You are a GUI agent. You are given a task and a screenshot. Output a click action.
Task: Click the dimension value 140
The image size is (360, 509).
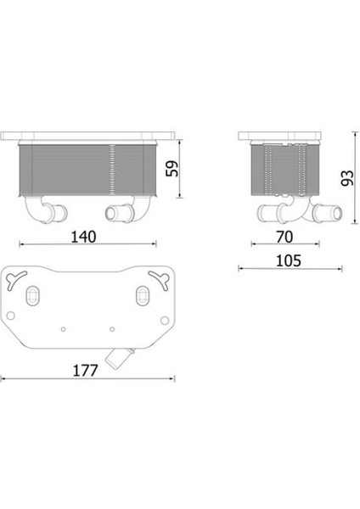point(83,237)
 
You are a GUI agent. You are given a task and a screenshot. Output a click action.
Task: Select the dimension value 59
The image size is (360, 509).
point(172,169)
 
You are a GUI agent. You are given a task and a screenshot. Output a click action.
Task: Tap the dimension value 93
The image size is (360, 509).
point(347,178)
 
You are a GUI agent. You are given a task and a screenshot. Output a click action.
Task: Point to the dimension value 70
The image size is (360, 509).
point(284,237)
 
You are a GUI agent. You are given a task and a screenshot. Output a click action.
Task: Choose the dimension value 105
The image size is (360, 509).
point(289,260)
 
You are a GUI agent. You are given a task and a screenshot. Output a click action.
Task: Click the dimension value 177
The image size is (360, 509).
point(85,371)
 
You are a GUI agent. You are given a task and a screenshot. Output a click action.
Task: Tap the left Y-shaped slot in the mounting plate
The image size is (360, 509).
point(15,279)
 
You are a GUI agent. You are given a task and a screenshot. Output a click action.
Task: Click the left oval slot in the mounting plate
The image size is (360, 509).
point(32,295)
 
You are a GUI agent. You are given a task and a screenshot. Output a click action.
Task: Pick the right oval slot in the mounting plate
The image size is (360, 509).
point(143,295)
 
